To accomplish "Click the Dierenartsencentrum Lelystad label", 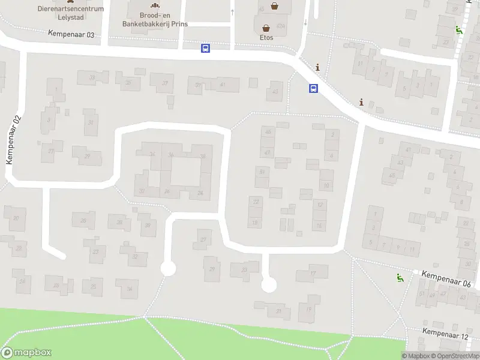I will [70, 13].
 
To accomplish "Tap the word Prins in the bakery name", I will [178, 23].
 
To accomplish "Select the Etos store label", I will [266, 37].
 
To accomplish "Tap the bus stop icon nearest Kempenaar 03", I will [205, 49].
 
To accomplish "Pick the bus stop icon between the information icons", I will [313, 88].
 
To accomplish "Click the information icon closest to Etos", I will [317, 67].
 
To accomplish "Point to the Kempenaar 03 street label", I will [71, 35].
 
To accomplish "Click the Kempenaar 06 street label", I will [445, 278].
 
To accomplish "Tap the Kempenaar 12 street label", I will [445, 334].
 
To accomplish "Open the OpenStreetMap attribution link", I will [456, 356].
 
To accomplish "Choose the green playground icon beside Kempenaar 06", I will [399, 277].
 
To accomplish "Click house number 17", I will [313, 274].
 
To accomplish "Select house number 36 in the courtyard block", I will [172, 155].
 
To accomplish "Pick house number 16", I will [320, 226].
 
